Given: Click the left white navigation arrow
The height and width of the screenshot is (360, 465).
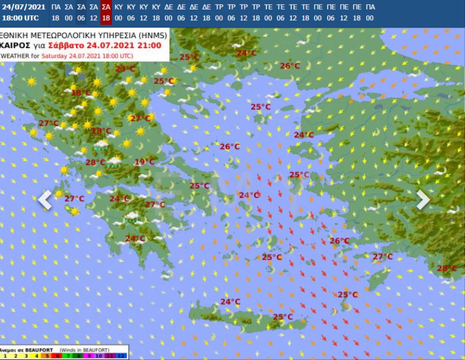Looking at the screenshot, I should tap(45, 200).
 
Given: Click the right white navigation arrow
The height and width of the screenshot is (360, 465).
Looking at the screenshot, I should tap(423, 200).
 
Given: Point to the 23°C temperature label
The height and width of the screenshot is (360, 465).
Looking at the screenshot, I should tap(125, 69).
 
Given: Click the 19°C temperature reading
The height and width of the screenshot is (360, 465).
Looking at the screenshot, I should tap(144, 162).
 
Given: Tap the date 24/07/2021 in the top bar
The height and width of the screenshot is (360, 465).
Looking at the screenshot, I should tap(23, 7).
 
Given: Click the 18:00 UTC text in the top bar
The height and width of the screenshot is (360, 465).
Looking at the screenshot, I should tap(20, 17).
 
